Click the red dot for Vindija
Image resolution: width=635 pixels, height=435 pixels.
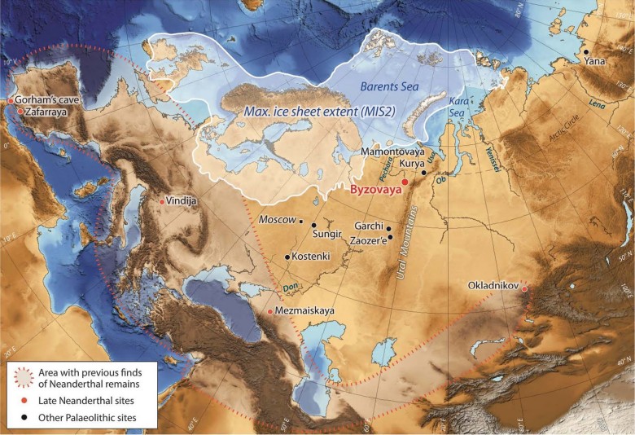tap(162, 201)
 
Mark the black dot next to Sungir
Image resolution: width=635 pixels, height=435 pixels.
tap(314, 225)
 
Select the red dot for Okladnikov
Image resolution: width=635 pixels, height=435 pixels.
tap(524, 288)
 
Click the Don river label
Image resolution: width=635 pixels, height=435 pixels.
tap(291, 287)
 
